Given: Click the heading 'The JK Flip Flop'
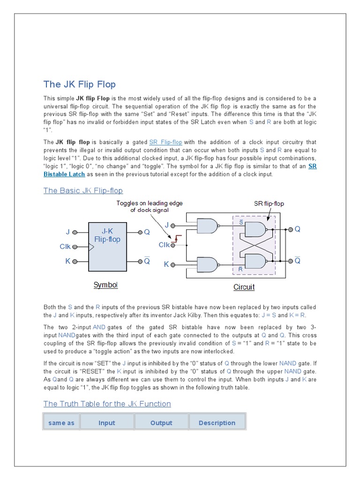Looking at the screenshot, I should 79,84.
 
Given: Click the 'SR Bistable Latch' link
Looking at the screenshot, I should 64,174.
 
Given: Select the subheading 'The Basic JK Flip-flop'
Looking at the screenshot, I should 83,190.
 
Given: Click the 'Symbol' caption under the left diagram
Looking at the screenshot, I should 105,285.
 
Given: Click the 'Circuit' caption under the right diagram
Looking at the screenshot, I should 244,287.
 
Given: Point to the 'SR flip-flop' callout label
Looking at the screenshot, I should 269,203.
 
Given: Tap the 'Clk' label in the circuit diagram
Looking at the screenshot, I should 164,245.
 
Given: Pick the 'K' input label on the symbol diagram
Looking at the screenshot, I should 68,261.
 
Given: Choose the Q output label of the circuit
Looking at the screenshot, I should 297,229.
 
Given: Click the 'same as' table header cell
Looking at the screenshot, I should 61,423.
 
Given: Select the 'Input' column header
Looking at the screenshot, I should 107,423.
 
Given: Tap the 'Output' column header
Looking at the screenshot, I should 161,423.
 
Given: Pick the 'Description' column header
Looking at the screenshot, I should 217,423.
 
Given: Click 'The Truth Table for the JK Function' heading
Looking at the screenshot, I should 107,404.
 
